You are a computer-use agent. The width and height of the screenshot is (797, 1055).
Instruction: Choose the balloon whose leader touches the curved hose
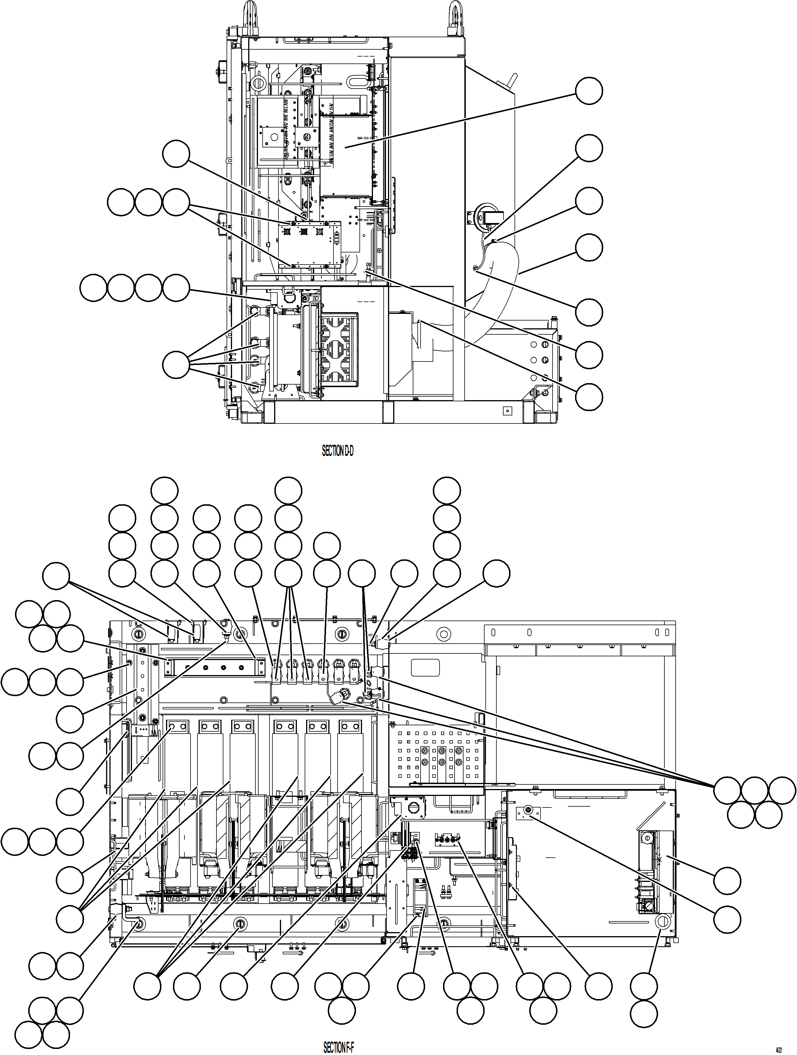[x=589, y=247]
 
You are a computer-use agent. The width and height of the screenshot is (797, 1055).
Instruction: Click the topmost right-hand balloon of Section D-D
[x=589, y=91]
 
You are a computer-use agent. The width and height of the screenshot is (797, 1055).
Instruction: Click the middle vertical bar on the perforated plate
[x=441, y=763]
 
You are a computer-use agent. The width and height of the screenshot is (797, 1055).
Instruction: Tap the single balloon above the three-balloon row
[x=176, y=153]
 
